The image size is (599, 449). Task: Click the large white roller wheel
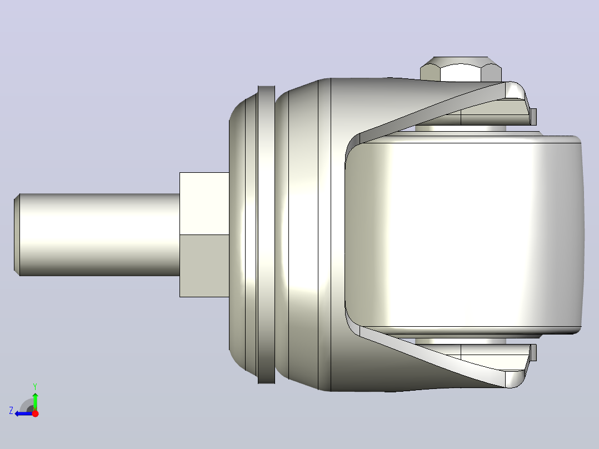point(464,234)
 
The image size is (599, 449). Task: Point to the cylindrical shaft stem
point(99,235)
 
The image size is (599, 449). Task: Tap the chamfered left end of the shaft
point(17,235)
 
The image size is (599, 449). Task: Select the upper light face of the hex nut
point(204,203)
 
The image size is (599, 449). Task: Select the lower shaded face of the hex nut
point(204,266)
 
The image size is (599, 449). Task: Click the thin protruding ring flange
point(266,235)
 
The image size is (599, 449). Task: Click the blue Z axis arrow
point(24,413)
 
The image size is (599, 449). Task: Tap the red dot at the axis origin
point(35,413)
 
